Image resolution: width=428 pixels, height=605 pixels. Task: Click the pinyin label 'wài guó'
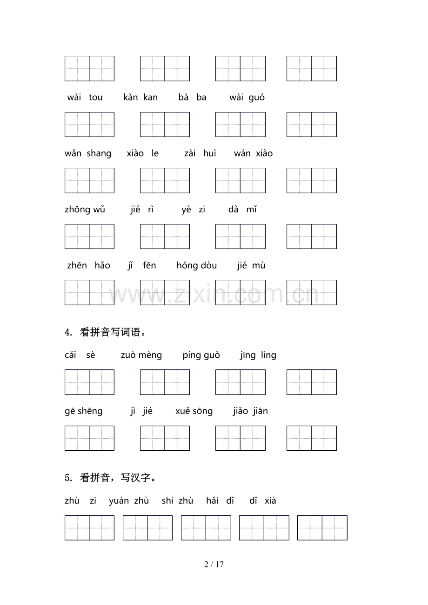point(247,98)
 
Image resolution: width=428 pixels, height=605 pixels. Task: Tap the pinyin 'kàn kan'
point(140,98)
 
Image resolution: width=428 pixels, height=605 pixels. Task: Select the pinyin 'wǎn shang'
point(88,154)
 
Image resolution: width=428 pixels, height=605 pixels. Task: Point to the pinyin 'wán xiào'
point(253,154)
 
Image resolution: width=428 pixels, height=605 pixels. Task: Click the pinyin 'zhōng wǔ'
point(85,210)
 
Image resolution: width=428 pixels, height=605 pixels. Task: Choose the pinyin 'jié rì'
point(142,210)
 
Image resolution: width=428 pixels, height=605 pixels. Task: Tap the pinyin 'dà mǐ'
point(242,210)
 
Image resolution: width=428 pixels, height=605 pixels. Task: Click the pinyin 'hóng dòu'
point(197,266)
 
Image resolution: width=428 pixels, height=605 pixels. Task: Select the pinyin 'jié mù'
point(251,266)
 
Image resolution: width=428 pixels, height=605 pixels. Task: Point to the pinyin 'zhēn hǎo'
point(88,266)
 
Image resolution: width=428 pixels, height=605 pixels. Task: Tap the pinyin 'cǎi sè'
point(80,355)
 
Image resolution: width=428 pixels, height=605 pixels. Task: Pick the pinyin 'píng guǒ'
point(201,355)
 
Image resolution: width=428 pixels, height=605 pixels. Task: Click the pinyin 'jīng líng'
point(258,355)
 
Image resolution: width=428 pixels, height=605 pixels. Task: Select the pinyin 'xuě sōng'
point(194,411)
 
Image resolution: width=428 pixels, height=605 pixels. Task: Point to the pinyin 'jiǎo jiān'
point(250,411)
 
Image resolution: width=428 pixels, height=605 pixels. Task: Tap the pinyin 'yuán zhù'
point(129,501)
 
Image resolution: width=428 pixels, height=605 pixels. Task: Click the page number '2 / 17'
point(214,565)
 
